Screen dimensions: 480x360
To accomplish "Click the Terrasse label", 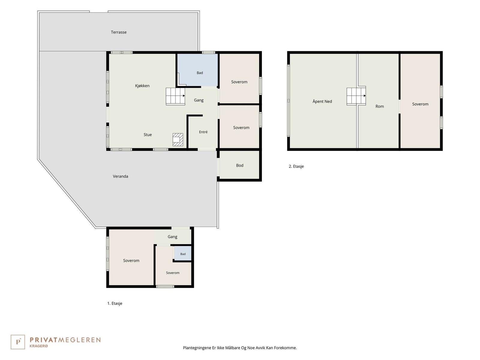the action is pyautogui.click(x=118, y=32).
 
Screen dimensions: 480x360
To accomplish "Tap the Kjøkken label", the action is pyautogui.click(x=142, y=86).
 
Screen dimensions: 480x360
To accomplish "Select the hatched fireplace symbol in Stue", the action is pyautogui.click(x=178, y=139).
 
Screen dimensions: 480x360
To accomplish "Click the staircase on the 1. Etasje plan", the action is pyautogui.click(x=175, y=96).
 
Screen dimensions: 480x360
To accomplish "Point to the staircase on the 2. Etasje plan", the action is pyautogui.click(x=356, y=96).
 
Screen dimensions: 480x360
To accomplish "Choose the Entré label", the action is pyautogui.click(x=203, y=132).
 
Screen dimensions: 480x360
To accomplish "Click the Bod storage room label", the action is pyautogui.click(x=240, y=166).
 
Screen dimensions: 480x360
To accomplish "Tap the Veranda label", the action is pyautogui.click(x=121, y=176).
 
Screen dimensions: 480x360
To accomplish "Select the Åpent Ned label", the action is pyautogui.click(x=322, y=101).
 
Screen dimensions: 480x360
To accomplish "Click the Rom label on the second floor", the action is pyautogui.click(x=379, y=106).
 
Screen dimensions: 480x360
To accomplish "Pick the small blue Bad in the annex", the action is pyautogui.click(x=183, y=253).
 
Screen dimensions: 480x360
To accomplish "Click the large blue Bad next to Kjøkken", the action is pyautogui.click(x=197, y=70).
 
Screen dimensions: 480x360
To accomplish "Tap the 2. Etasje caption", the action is pyautogui.click(x=296, y=166).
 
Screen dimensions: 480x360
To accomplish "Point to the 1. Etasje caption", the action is pyautogui.click(x=115, y=303).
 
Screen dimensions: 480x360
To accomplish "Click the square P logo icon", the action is pyautogui.click(x=18, y=342).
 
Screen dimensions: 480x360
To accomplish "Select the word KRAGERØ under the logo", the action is pyautogui.click(x=39, y=346).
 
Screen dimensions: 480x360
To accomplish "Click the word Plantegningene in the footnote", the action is pyautogui.click(x=197, y=348).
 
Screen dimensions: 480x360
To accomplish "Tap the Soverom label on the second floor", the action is pyautogui.click(x=420, y=104).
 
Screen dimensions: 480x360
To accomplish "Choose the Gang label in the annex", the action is pyautogui.click(x=172, y=237).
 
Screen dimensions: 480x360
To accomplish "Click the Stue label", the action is pyautogui.click(x=148, y=135).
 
